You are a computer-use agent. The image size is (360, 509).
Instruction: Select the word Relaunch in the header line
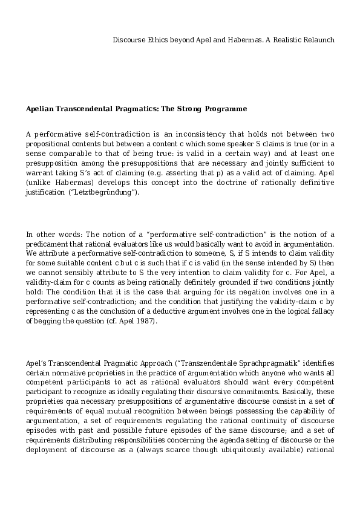click(318, 40)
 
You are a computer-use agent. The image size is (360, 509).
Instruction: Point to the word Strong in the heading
click(192, 109)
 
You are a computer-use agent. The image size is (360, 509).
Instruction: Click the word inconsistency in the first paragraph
click(198, 134)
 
